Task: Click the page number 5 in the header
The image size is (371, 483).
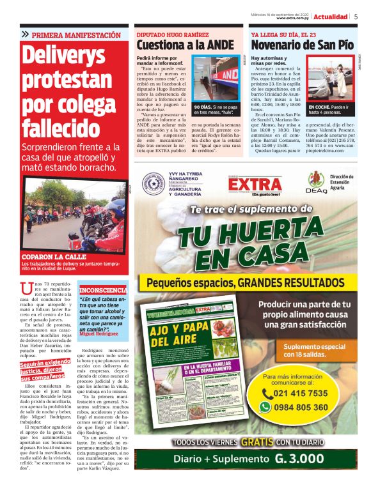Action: click(356, 17)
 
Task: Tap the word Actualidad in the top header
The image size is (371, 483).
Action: click(331, 17)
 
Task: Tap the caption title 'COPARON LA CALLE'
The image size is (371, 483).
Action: click(49, 257)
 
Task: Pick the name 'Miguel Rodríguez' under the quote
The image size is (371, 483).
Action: click(99, 333)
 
